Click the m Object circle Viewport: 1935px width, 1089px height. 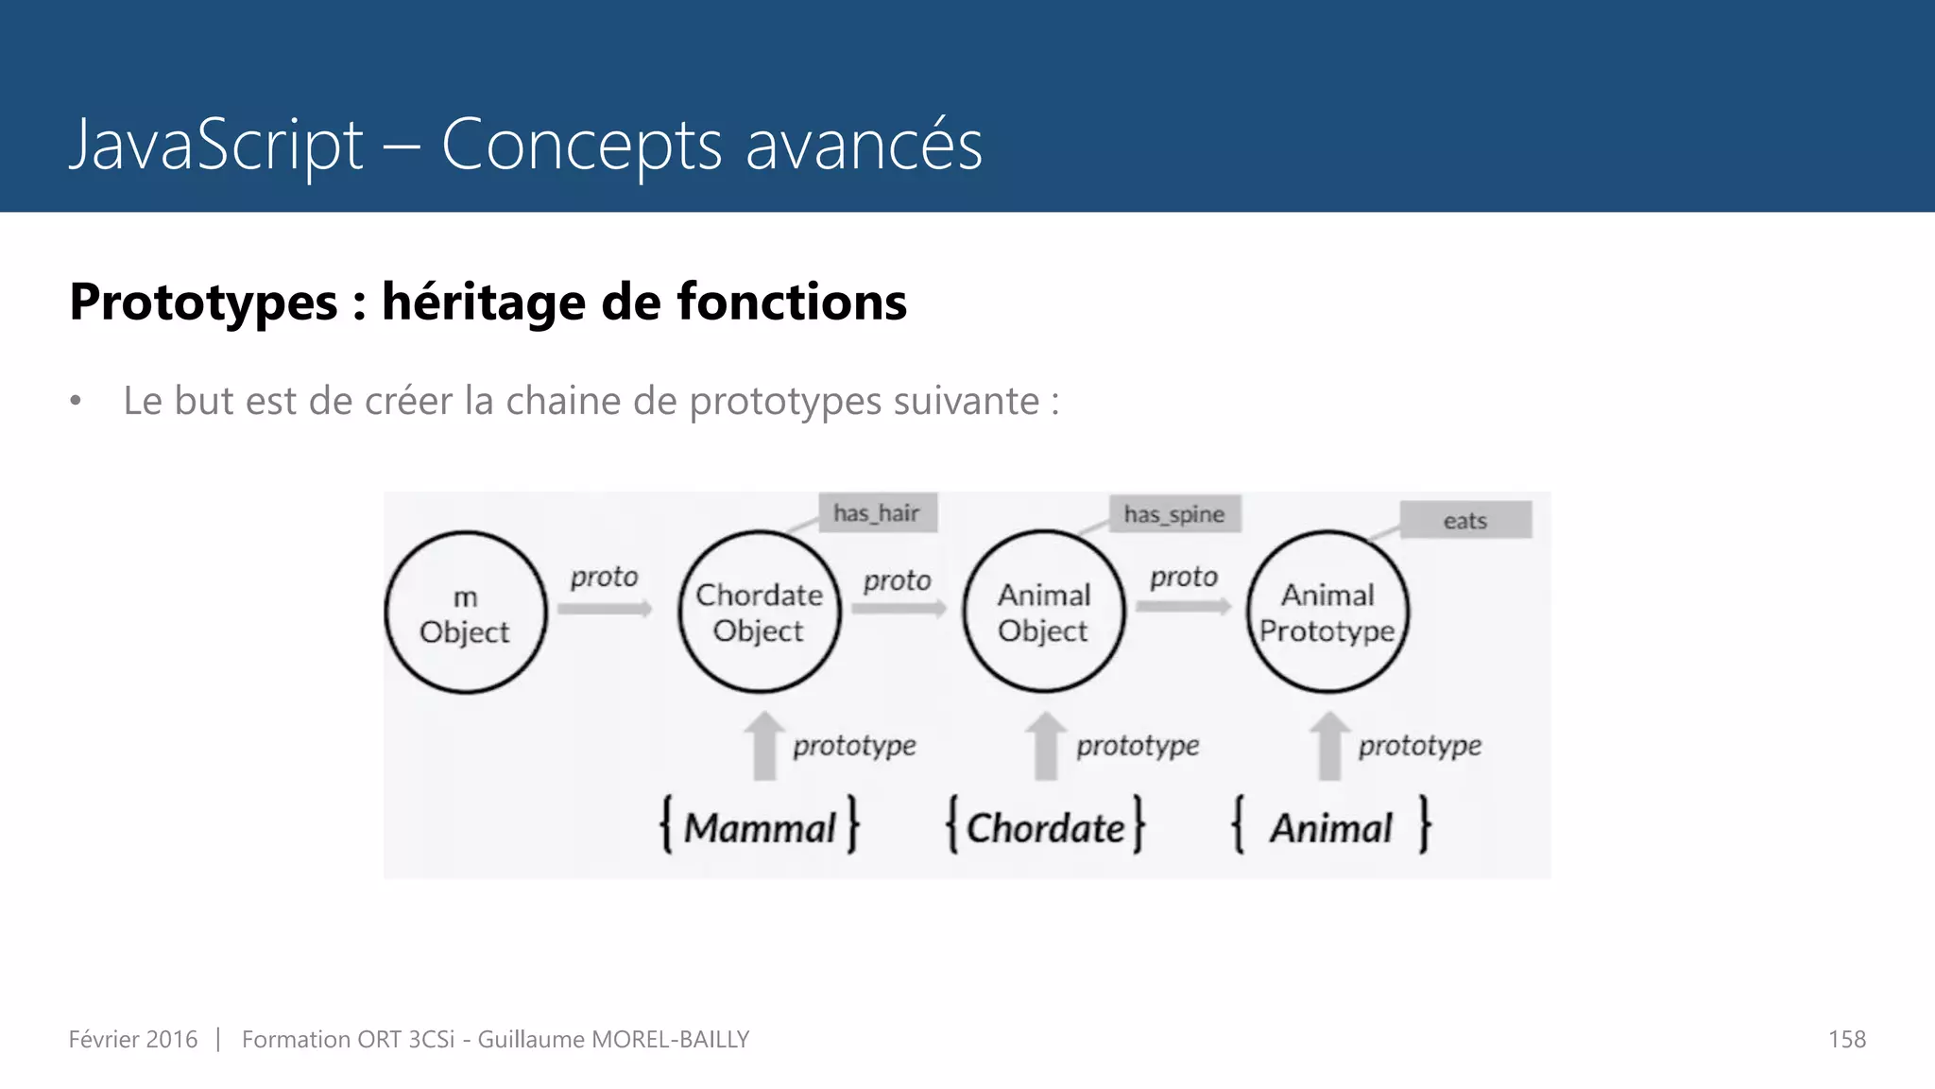tap(465, 613)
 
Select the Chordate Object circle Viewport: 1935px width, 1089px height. tap(759, 613)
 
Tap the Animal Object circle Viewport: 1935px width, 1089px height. tap(1043, 613)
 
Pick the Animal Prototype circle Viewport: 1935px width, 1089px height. tap(1327, 613)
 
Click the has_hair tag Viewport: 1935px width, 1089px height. tap(877, 513)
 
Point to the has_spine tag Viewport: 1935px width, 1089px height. tap(1173, 514)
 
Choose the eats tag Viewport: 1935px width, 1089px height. tap(1464, 520)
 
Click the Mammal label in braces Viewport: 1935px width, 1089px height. tap(760, 827)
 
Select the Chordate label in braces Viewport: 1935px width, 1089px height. tap(1045, 827)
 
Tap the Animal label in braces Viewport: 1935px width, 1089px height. tap(1330, 827)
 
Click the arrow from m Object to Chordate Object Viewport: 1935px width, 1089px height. tap(605, 609)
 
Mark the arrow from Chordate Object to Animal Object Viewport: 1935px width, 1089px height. tap(899, 609)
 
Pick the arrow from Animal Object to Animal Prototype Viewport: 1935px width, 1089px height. tap(1184, 606)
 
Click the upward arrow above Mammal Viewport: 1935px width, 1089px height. tap(764, 746)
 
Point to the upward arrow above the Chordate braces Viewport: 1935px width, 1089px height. tap(1046, 746)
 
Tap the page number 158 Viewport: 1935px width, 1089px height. tap(1846, 1039)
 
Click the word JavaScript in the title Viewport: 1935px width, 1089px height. tap(216, 145)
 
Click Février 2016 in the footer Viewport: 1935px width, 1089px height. tap(133, 1039)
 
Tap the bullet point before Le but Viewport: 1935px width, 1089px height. tap(77, 402)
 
